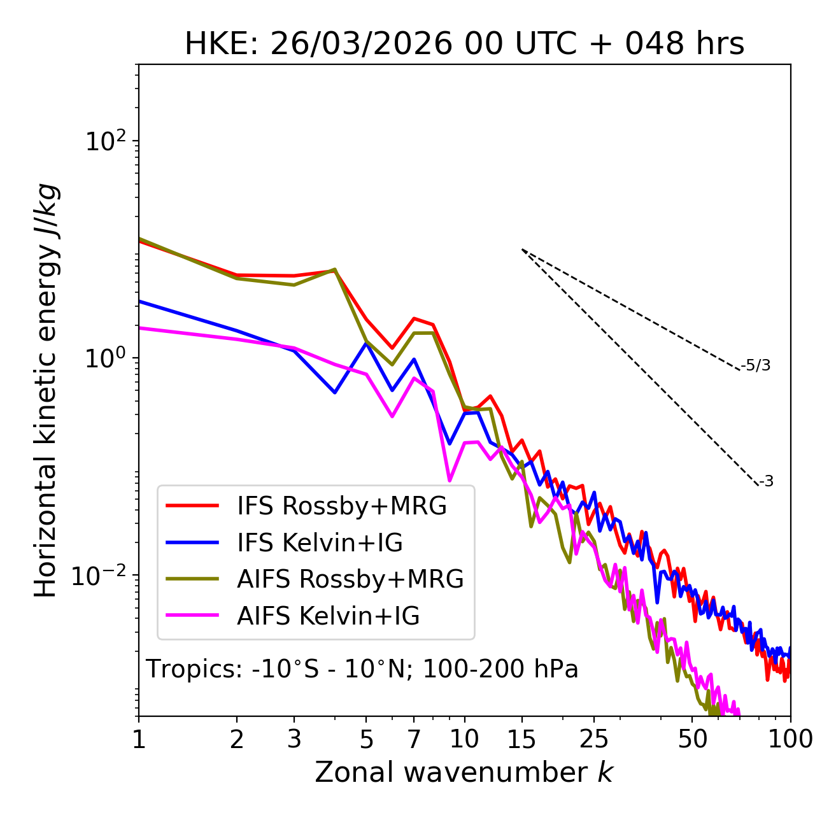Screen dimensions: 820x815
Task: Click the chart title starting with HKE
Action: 464,44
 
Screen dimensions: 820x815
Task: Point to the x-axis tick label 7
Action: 414,739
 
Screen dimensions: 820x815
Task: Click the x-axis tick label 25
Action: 594,739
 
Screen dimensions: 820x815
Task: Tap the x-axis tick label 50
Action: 692,739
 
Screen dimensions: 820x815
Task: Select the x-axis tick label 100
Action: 790,739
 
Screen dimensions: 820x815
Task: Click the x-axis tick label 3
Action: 294,739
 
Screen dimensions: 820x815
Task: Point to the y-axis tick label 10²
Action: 105,141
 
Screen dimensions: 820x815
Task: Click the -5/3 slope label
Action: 756,365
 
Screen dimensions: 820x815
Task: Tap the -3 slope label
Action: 766,481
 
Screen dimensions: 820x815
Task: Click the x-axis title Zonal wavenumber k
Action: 464,772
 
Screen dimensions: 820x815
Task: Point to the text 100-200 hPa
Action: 500,669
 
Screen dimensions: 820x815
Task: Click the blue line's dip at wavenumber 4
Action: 335,392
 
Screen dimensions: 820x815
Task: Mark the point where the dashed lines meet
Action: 522,250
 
